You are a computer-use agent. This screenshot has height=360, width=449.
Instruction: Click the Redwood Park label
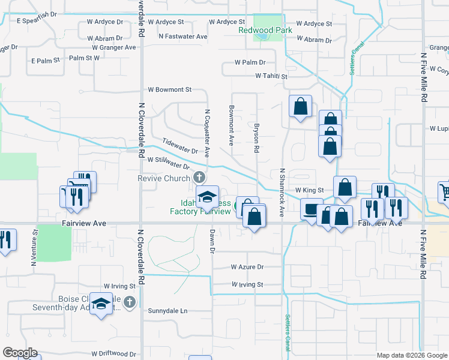click(265, 30)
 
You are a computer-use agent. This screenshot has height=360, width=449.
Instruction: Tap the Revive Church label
click(164, 178)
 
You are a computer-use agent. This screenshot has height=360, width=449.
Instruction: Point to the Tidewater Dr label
click(180, 146)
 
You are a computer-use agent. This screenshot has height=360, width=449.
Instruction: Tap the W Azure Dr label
click(247, 267)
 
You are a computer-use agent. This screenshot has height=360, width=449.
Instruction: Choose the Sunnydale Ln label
click(167, 311)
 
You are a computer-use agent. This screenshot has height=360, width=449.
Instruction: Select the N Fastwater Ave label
click(183, 37)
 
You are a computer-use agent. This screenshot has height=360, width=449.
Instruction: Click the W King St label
click(309, 190)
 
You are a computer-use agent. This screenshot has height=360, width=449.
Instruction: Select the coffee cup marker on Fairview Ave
click(312, 211)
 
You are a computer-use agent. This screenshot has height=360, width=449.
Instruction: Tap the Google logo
click(20, 353)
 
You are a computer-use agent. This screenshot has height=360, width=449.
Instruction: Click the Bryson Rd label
click(256, 137)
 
